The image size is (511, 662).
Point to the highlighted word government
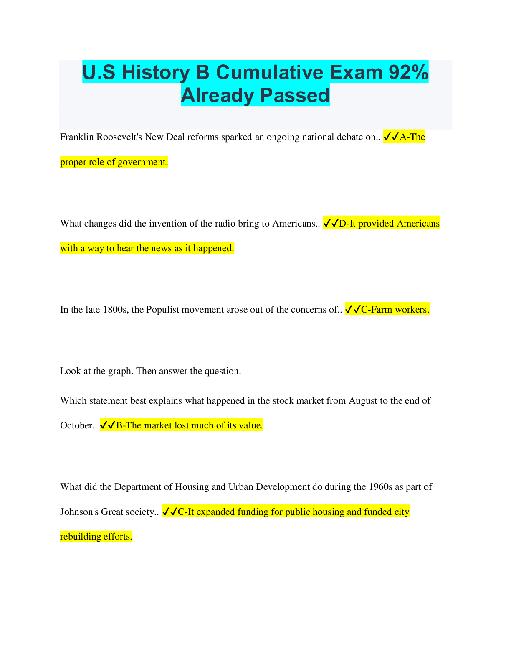[x=143, y=163]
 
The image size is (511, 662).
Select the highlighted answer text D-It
[x=347, y=224]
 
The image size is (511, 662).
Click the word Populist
[x=163, y=310]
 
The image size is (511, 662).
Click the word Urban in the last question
[x=240, y=487]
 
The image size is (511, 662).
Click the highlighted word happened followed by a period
[x=214, y=248]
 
